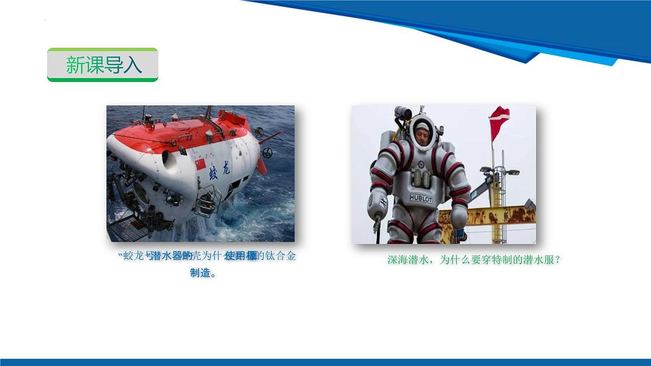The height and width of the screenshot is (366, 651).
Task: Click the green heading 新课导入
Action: pos(103,65)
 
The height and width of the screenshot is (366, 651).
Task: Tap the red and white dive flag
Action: pos(499,122)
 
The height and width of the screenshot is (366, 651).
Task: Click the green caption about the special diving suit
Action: pos(473,260)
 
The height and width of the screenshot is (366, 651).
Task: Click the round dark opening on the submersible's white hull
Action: pos(168,160)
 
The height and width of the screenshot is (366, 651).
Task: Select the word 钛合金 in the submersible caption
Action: pos(281,256)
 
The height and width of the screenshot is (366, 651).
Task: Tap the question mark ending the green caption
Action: pos(557,260)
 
